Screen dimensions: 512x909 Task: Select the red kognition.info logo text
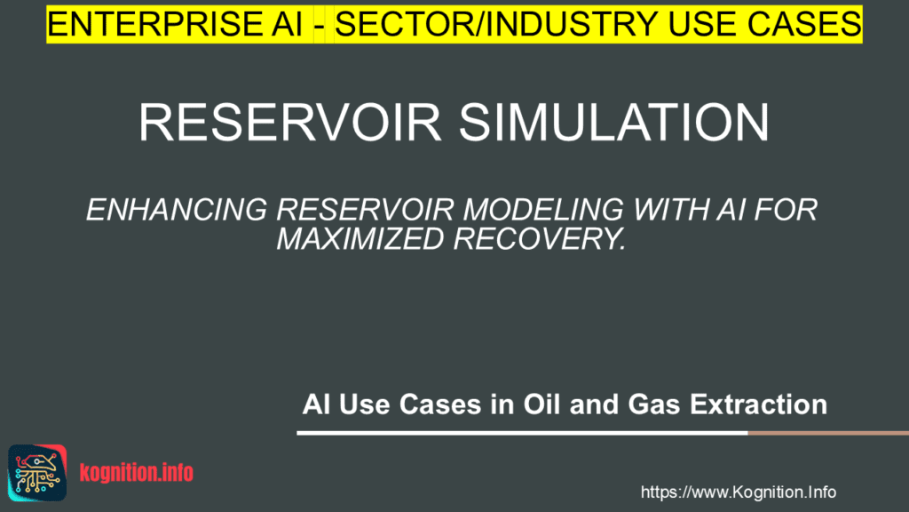tap(136, 473)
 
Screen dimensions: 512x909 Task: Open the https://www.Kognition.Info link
tap(738, 492)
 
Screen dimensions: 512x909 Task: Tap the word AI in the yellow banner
tap(289, 24)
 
